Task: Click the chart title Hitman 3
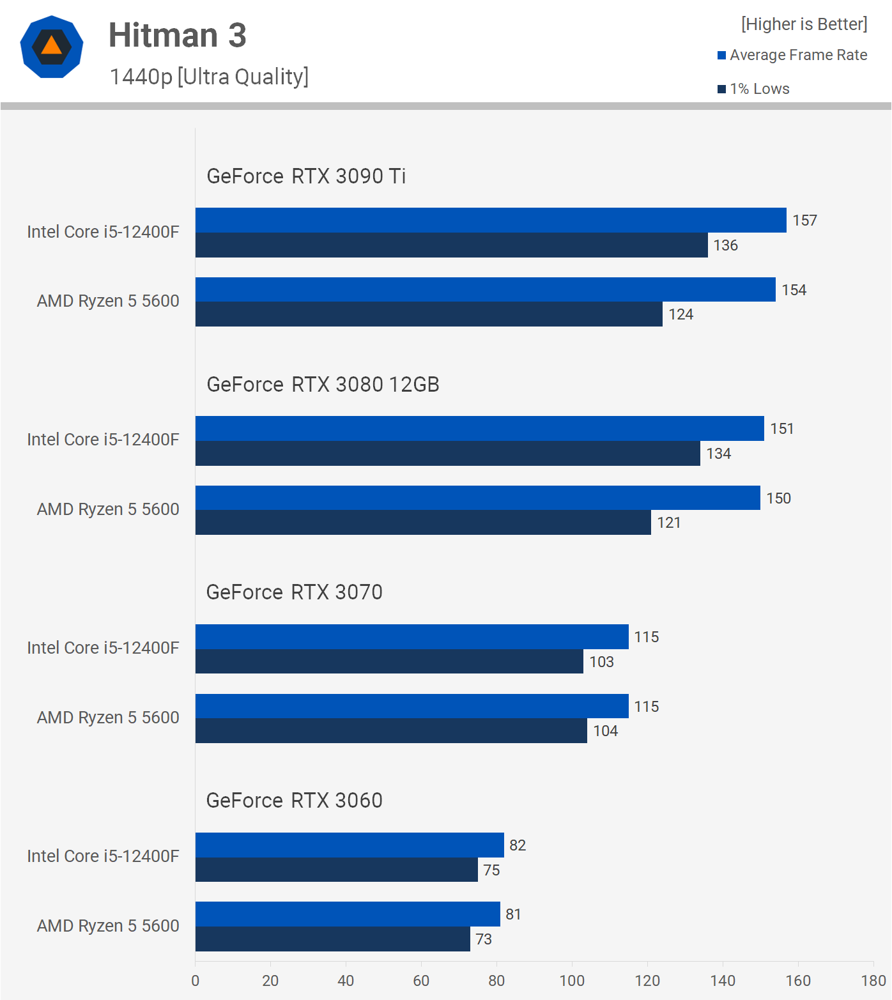(x=177, y=35)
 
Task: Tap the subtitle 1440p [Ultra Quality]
(x=209, y=77)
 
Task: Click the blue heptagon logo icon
(x=52, y=47)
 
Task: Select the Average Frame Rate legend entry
(x=792, y=56)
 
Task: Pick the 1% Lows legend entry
(x=754, y=89)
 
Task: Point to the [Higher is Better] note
(x=804, y=24)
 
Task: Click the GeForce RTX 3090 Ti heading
(x=306, y=176)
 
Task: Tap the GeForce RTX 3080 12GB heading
(x=323, y=385)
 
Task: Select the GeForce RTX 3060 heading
(x=294, y=801)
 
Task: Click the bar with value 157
(x=490, y=220)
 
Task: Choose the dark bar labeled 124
(x=428, y=314)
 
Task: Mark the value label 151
(x=781, y=429)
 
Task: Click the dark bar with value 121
(x=422, y=523)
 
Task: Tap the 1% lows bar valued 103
(x=388, y=662)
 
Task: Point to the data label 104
(x=605, y=731)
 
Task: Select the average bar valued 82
(x=349, y=845)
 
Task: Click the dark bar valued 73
(x=332, y=939)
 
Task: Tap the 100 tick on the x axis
(x=572, y=981)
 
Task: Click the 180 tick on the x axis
(x=873, y=981)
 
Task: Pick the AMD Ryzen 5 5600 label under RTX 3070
(x=108, y=718)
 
